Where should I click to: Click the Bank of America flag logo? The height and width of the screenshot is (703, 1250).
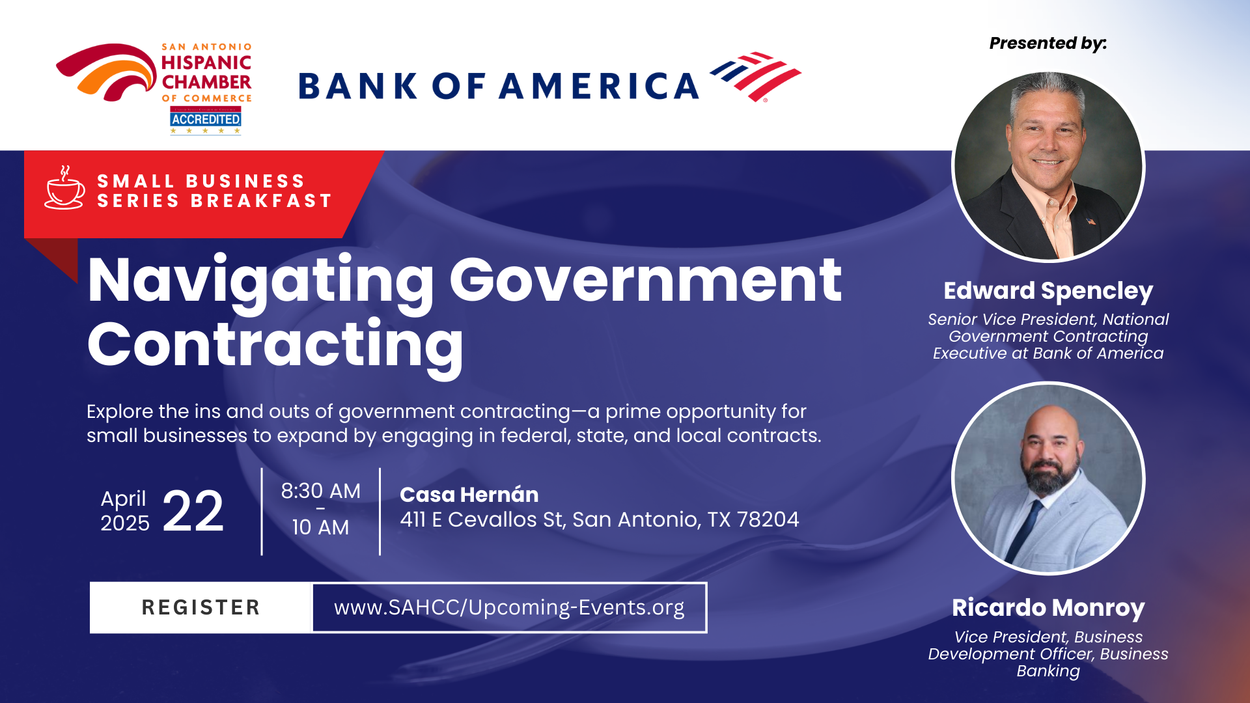[755, 77]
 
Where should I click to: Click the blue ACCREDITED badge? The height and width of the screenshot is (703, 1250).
[206, 119]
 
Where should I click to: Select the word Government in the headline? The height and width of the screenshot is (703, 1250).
[645, 281]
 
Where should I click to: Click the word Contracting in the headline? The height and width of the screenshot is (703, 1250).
[275, 346]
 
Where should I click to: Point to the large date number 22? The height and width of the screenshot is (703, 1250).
[193, 512]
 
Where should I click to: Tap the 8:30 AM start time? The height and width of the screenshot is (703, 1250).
[320, 491]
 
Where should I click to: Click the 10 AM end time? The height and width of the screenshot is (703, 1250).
[320, 527]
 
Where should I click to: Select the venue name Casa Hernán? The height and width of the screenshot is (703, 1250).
[469, 495]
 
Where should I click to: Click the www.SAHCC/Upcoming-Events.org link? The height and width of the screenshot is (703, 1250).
[509, 607]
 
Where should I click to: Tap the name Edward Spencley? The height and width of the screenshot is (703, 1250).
[1048, 291]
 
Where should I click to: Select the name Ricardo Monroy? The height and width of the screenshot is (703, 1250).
[1048, 608]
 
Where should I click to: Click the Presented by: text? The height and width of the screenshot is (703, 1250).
[1048, 44]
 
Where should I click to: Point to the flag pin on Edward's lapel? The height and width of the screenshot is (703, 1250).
[1090, 221]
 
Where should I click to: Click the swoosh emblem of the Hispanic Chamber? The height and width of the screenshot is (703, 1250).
[106, 72]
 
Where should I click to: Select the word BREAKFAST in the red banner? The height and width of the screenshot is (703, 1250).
[262, 201]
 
